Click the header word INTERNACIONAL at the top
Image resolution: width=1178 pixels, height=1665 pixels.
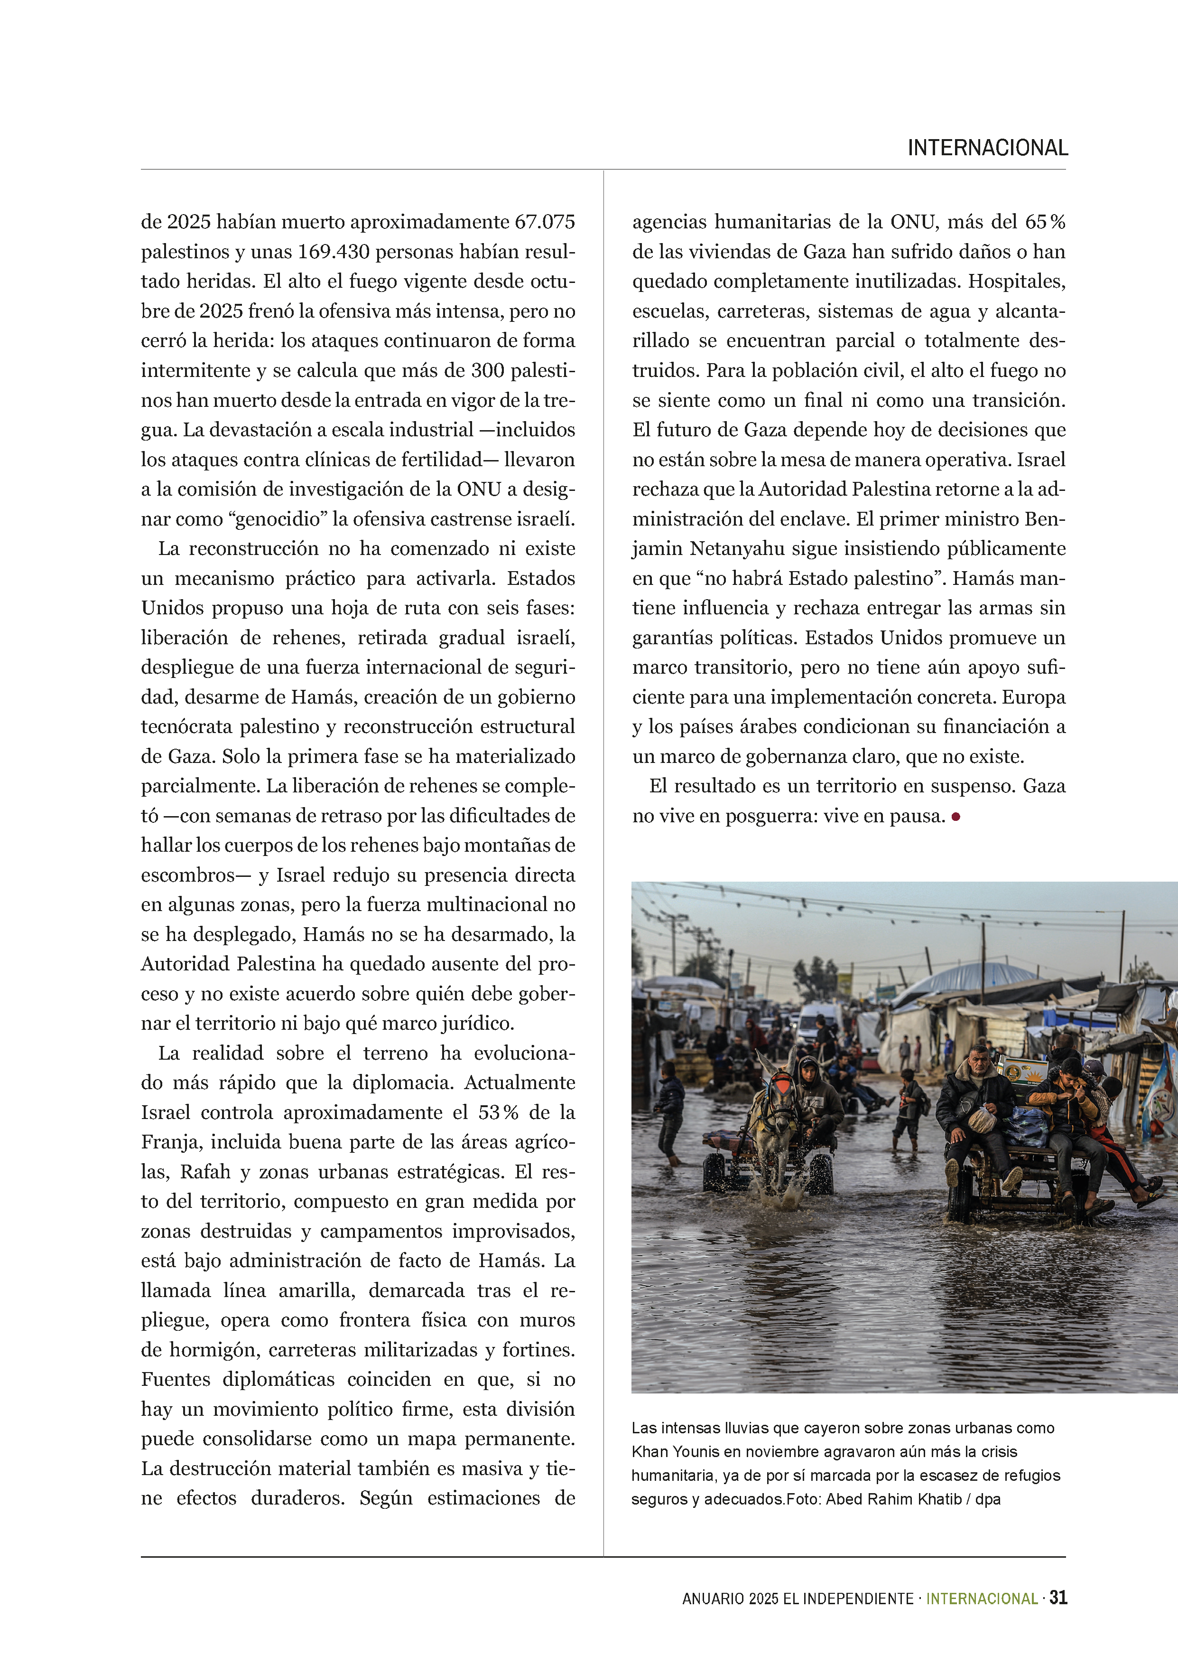pyautogui.click(x=987, y=148)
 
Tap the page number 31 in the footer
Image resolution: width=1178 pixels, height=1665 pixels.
pyautogui.click(x=1058, y=1598)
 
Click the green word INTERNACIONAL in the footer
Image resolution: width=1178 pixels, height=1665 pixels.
pyautogui.click(x=982, y=1598)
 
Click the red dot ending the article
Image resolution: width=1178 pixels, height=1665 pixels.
pyautogui.click(x=956, y=817)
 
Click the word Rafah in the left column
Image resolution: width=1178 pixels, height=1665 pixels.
pyautogui.click(x=205, y=1171)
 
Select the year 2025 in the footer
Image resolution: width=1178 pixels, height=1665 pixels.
pyautogui.click(x=764, y=1598)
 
